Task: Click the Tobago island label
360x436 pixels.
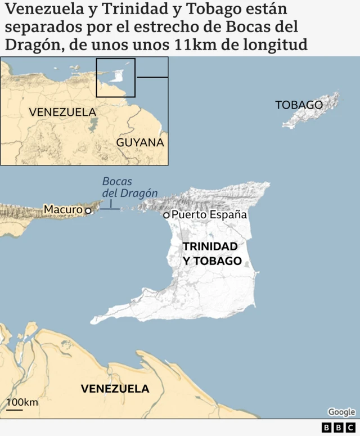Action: coord(299,105)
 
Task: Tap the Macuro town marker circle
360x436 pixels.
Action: coord(88,210)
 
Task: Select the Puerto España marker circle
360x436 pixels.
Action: coord(166,215)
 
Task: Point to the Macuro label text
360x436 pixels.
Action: coord(63,210)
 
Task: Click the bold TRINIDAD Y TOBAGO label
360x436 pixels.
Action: coord(211,254)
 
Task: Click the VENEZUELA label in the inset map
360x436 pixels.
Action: coord(62,112)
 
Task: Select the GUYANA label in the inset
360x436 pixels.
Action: coord(140,143)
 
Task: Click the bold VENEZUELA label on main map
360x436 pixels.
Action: coord(115,389)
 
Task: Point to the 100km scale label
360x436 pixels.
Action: coord(22,402)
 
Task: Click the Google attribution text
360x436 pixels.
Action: coord(341,412)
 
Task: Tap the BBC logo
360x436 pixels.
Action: coord(339,428)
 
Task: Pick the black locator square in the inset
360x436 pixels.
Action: coord(116,78)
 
